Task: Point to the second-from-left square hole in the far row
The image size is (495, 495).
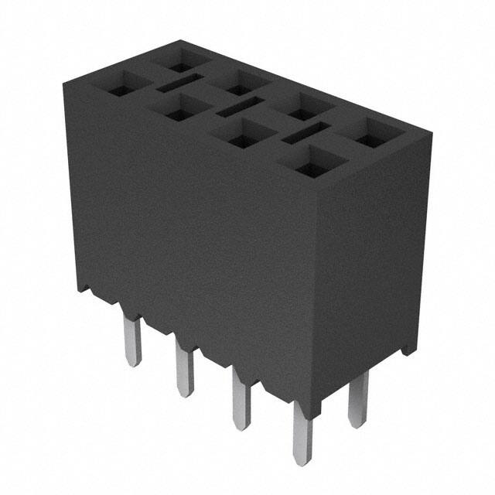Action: [242, 82]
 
